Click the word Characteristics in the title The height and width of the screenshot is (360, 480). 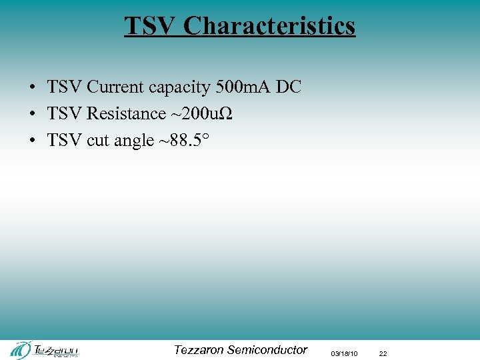tap(269, 26)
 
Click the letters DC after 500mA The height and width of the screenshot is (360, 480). tap(289, 87)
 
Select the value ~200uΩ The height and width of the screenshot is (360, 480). tap(202, 114)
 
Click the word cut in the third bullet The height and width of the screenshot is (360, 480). tap(97, 141)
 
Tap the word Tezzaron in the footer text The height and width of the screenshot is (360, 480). tap(198, 349)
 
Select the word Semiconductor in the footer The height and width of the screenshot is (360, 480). tap(267, 349)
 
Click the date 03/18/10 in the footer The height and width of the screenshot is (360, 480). tap(344, 353)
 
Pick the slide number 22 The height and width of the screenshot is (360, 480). tap(383, 353)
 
